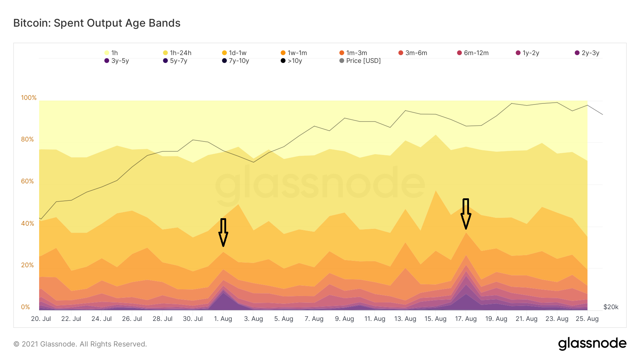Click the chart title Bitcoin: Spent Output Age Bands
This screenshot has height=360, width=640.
click(97, 23)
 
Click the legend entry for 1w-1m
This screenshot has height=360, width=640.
click(294, 53)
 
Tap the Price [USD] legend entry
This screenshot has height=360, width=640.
click(360, 61)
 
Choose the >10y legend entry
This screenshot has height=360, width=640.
click(291, 61)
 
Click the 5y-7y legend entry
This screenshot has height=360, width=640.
click(175, 61)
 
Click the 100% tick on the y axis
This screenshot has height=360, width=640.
click(29, 98)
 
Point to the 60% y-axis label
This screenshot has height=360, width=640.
click(27, 181)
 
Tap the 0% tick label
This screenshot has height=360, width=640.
click(26, 307)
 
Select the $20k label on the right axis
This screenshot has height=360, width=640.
click(611, 307)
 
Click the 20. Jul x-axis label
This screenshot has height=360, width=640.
click(41, 319)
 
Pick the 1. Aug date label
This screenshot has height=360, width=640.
click(223, 319)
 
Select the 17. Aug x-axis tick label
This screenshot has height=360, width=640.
click(466, 319)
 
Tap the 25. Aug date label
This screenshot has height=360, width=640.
click(587, 319)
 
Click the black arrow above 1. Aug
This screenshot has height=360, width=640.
click(223, 232)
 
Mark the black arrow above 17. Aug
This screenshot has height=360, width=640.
click(466, 214)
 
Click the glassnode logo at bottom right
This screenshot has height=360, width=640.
click(592, 343)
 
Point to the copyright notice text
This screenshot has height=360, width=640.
click(80, 344)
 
